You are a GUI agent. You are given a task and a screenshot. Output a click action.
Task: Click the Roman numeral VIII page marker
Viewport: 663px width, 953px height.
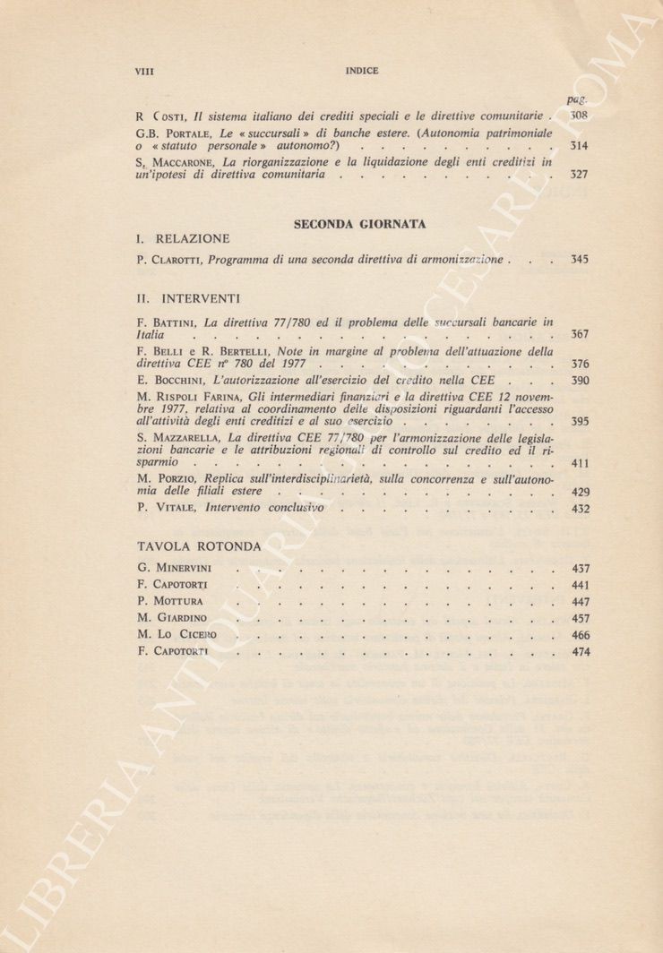[144, 71]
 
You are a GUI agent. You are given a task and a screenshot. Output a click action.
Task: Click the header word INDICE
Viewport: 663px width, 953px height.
[361, 71]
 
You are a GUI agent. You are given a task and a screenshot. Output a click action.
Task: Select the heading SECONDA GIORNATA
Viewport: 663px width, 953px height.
[359, 225]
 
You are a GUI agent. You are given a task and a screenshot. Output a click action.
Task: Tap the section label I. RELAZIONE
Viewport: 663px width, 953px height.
[184, 239]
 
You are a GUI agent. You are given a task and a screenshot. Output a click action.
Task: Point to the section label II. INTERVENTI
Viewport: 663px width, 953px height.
[188, 296]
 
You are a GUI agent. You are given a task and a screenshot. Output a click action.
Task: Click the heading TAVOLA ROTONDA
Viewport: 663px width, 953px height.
[199, 545]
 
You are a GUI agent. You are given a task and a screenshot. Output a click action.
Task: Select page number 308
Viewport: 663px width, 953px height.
[579, 116]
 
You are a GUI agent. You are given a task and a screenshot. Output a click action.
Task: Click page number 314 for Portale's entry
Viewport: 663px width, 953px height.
[579, 145]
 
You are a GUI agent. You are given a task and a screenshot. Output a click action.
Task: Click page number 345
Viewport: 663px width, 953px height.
[579, 260]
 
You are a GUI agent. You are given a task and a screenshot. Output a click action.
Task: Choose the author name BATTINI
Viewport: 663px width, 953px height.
[175, 322]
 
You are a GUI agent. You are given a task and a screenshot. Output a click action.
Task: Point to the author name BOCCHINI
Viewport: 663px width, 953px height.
[178, 379]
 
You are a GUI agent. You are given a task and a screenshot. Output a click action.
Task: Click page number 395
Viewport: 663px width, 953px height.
[579, 420]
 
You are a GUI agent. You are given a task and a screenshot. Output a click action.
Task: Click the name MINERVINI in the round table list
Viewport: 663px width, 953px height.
[188, 569]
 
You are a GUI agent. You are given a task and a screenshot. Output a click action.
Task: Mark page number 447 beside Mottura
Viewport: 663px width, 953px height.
[580, 602]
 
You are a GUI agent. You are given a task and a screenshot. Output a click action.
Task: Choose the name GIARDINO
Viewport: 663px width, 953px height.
[184, 618]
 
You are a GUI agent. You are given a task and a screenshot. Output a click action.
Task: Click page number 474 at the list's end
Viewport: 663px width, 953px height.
[580, 652]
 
